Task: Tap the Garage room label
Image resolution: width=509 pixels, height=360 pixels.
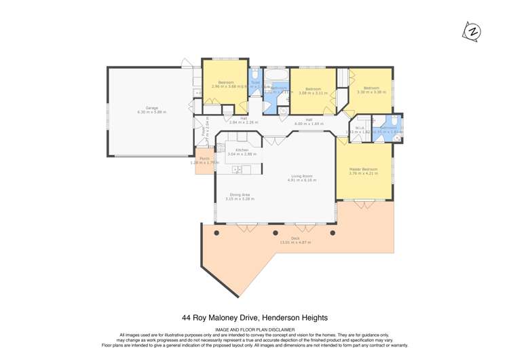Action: pyautogui.click(x=151, y=109)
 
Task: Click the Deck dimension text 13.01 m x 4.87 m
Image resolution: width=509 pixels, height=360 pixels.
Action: pyautogui.click(x=295, y=242)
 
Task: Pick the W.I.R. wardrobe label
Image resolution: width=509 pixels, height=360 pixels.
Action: pyautogui.click(x=360, y=128)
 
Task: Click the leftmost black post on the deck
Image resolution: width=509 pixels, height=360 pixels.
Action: pyautogui.click(x=216, y=232)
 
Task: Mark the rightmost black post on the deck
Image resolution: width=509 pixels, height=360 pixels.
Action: pyautogui.click(x=333, y=232)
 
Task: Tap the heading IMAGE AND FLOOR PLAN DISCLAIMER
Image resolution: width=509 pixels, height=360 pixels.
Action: pyautogui.click(x=254, y=329)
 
